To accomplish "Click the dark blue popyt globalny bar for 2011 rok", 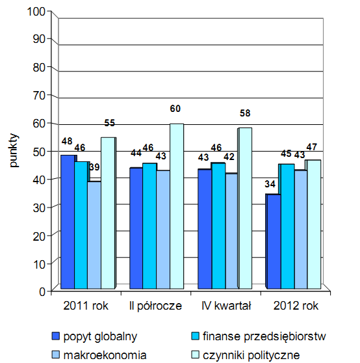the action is [x=68, y=222].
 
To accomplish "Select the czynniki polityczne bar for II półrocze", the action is [x=177, y=206].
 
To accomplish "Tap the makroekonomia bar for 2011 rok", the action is [x=94, y=235].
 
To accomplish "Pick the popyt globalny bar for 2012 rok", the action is [x=274, y=241].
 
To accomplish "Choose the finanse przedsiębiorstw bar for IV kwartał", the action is [x=218, y=226].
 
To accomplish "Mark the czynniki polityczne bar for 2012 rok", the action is [x=313, y=224].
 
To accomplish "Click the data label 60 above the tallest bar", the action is [x=175, y=109].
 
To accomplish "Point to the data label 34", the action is [x=270, y=184].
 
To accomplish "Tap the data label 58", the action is [x=245, y=113].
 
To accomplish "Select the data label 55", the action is [x=110, y=123].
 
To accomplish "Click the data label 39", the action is [x=94, y=167].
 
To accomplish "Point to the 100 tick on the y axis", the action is [x=36, y=11].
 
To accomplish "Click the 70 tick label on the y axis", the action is [x=39, y=96].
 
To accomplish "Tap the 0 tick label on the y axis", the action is [x=42, y=291].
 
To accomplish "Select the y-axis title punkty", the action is [x=14, y=150].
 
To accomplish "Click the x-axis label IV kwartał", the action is [x=226, y=306].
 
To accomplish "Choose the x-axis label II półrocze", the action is [x=156, y=306].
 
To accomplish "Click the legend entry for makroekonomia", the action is [x=99, y=355].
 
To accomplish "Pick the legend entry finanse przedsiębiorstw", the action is [x=259, y=336].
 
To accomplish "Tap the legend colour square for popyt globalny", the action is [x=55, y=336].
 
